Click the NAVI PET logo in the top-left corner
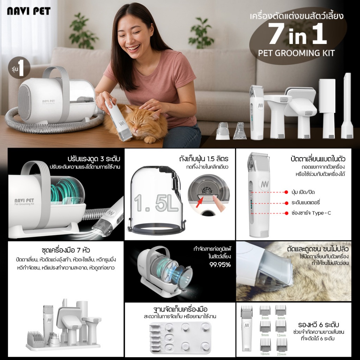[x=29, y=11]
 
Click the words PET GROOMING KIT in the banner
[x=296, y=53]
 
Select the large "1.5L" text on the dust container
[x=156, y=203]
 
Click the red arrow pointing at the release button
[x=200, y=202]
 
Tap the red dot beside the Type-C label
[x=286, y=213]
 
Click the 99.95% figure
[x=220, y=265]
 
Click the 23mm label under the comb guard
[x=281, y=354]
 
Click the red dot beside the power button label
[x=286, y=192]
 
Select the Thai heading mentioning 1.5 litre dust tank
[x=204, y=159]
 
